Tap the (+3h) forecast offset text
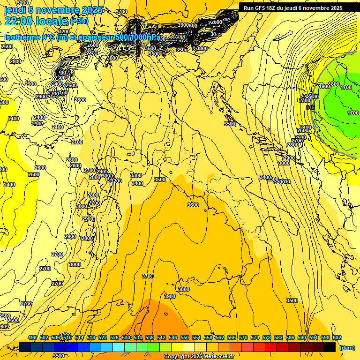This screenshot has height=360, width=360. click(78, 21)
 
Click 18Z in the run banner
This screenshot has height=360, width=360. click(271, 8)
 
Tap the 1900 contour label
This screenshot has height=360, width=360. click(324, 86)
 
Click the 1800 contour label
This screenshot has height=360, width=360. click(334, 84)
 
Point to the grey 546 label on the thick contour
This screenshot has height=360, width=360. click(310, 107)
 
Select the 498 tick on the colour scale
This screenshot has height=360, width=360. click(32, 337)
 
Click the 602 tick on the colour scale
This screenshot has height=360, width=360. click(337, 337)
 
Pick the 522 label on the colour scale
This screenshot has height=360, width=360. click(103, 337)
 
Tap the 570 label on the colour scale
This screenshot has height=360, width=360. click(243, 337)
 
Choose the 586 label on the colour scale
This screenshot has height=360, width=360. click(290, 337)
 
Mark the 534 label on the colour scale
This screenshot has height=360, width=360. click(138, 337)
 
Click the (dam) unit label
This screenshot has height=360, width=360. click(347, 348)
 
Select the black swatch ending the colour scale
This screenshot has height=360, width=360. click(330, 347)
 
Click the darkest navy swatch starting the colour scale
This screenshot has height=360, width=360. click(25, 347)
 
